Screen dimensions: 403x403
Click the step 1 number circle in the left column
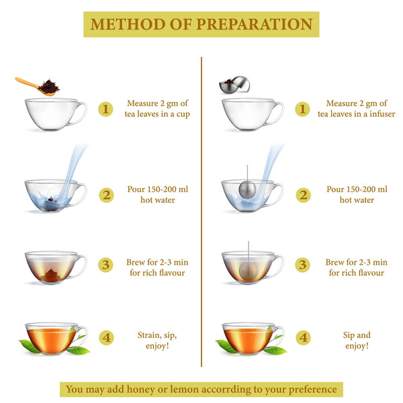[x=105, y=109]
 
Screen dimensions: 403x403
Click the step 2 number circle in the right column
[x=304, y=195]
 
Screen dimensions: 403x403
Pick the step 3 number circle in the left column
[x=105, y=265]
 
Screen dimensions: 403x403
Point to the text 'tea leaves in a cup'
[x=158, y=115]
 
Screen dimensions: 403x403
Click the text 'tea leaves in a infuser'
[x=357, y=115]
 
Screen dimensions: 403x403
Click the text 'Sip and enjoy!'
[x=357, y=341]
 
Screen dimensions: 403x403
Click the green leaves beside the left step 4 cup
[x=30, y=346]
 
